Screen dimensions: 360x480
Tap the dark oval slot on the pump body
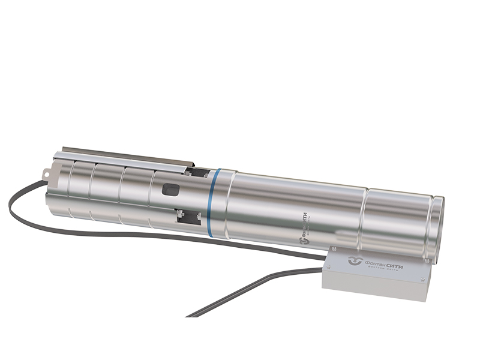[170, 191]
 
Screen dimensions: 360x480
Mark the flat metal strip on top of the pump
[126, 153]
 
